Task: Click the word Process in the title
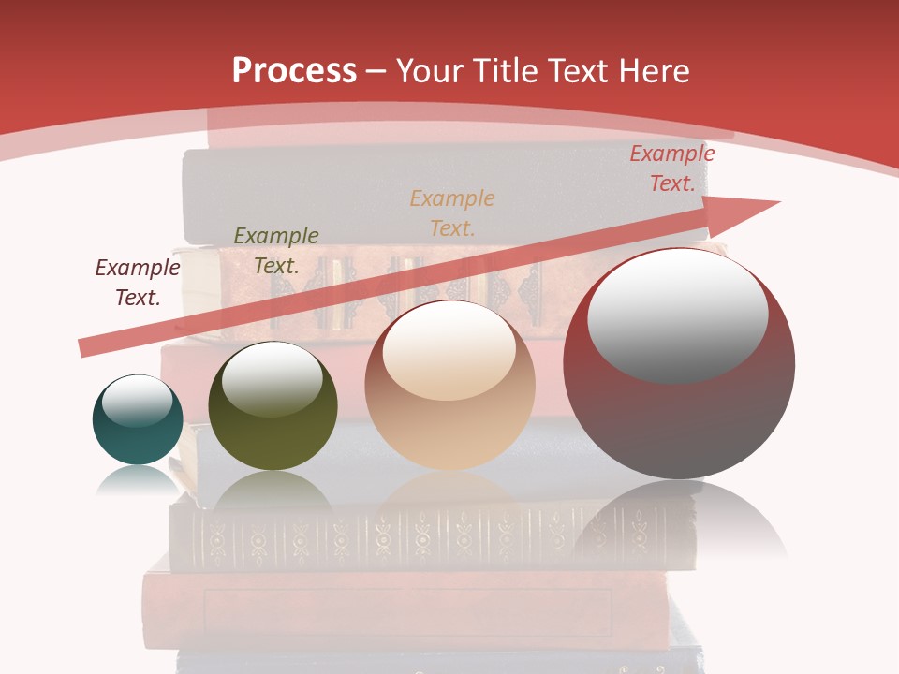[294, 71]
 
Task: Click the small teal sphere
[138, 421]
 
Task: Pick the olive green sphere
[273, 407]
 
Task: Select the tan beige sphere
[449, 386]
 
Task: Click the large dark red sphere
[679, 365]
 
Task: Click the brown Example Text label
[138, 282]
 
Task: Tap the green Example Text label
[276, 250]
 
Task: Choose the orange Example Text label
[452, 212]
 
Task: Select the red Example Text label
[672, 168]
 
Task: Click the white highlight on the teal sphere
[137, 402]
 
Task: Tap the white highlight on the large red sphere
[677, 315]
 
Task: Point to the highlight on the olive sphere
[272, 377]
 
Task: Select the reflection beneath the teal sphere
[138, 481]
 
